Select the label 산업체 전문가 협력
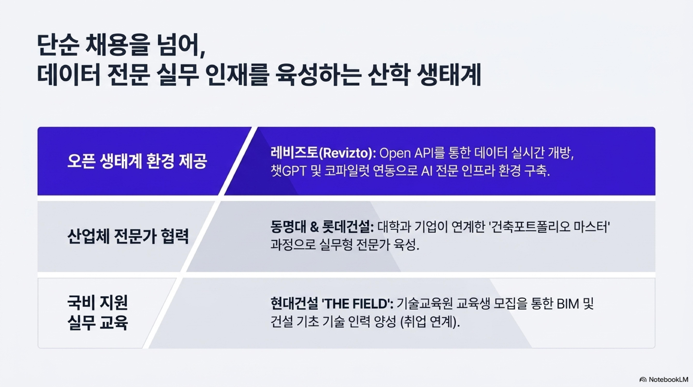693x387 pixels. coord(128,236)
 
